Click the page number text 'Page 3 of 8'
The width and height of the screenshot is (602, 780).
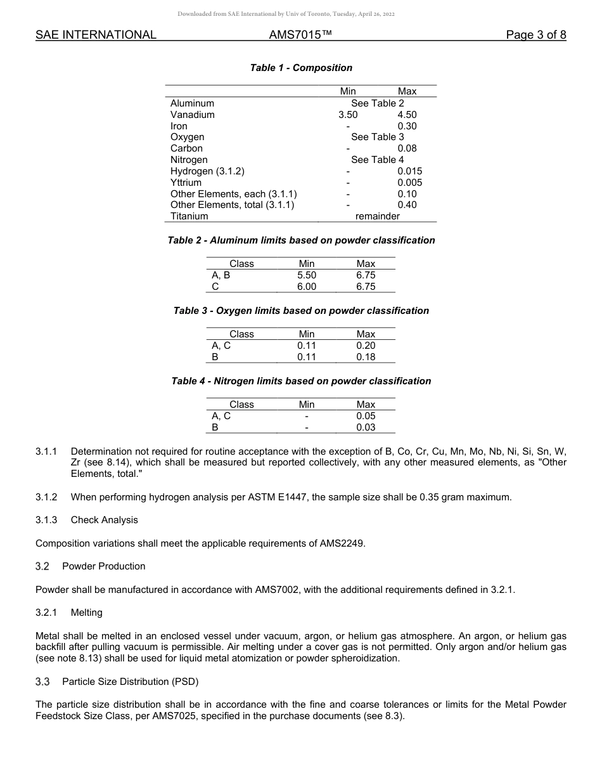(x=535, y=35)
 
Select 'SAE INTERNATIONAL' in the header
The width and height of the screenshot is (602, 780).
(x=96, y=35)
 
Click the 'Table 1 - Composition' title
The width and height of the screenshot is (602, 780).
(x=301, y=68)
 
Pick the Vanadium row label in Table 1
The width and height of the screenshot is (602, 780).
(x=192, y=115)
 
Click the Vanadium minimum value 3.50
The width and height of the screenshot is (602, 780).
(x=348, y=115)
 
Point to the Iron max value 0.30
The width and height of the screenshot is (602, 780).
(x=407, y=126)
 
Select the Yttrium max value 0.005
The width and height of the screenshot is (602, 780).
(x=409, y=183)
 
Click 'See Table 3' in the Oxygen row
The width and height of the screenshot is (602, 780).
(x=377, y=137)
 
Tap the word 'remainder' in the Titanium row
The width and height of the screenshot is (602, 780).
(x=377, y=216)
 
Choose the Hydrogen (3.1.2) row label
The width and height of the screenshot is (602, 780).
(x=207, y=171)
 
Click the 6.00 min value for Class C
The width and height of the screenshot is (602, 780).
(x=307, y=287)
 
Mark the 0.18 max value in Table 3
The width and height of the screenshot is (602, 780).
(x=366, y=357)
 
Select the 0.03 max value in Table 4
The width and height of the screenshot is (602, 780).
(x=366, y=427)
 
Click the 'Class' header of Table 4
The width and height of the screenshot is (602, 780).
(x=241, y=405)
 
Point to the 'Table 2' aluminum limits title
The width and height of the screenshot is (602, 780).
(x=301, y=240)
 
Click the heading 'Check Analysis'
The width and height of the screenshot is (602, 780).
(x=104, y=520)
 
